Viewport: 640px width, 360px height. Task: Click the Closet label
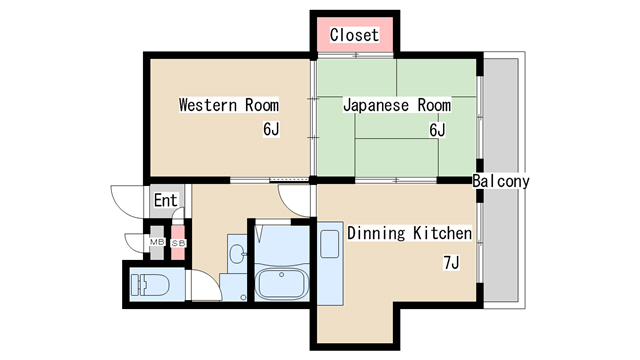click(354, 35)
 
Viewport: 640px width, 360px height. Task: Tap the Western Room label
click(229, 105)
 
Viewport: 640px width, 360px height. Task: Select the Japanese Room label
click(397, 105)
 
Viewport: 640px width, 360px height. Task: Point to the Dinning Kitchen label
click(409, 233)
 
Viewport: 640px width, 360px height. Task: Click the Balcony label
click(501, 181)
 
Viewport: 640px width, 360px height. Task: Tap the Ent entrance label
click(166, 200)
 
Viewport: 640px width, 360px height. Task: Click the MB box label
click(157, 242)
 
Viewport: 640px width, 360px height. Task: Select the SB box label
click(178, 243)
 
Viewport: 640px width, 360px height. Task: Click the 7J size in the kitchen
click(451, 262)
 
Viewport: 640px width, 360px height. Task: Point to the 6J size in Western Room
click(271, 129)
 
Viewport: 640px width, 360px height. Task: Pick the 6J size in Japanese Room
click(437, 130)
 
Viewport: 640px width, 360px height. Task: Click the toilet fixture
click(150, 284)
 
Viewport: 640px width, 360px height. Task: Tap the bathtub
click(282, 284)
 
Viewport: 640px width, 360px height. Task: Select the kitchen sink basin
click(329, 244)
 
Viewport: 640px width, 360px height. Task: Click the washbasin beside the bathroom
click(238, 254)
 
